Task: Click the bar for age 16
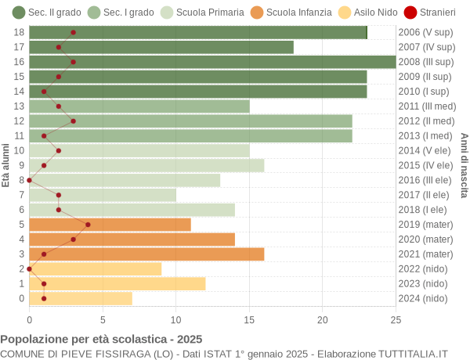pos(212,62)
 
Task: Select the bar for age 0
pos(81,298)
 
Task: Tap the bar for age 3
pos(146,254)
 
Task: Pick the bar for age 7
pos(103,195)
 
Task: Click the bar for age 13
pos(139,106)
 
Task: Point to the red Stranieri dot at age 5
pos(88,225)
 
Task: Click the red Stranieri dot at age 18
pos(74,32)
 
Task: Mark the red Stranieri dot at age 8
pos(30,180)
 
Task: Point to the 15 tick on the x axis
pos(249,319)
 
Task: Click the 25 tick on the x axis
pos(396,319)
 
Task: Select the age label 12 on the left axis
pos(20,121)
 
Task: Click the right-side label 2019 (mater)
pos(425,225)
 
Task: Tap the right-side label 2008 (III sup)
pos(425,62)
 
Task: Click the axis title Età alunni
pos(6,165)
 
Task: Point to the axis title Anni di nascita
pos(464,165)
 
